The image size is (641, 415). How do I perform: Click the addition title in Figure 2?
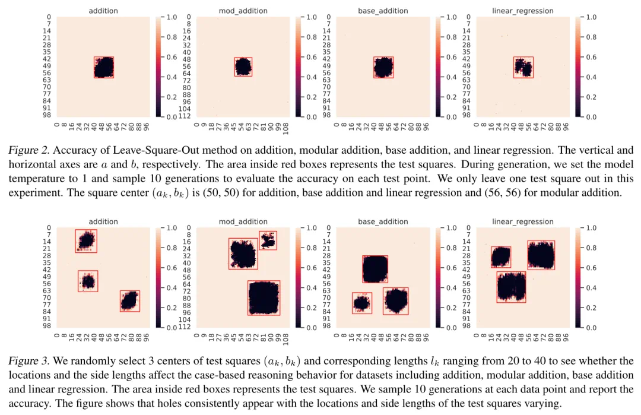click(103, 11)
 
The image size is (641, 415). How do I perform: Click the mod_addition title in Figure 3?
click(243, 221)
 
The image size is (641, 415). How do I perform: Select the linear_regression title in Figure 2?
click(522, 11)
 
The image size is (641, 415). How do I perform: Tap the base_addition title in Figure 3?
click(383, 221)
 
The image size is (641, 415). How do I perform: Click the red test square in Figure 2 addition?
click(104, 68)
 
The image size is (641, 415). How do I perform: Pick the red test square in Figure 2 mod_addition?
click(243, 66)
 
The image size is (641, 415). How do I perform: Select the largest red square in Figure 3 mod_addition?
click(264, 298)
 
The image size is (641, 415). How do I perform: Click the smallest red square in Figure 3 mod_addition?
click(268, 240)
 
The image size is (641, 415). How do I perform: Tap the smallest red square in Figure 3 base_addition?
click(361, 303)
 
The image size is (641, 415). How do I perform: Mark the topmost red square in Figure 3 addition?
click(86, 240)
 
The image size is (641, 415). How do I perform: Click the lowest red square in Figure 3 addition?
click(129, 301)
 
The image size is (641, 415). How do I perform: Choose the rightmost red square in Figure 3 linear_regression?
click(541, 255)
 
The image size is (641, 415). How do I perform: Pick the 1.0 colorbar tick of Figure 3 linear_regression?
click(592, 228)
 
